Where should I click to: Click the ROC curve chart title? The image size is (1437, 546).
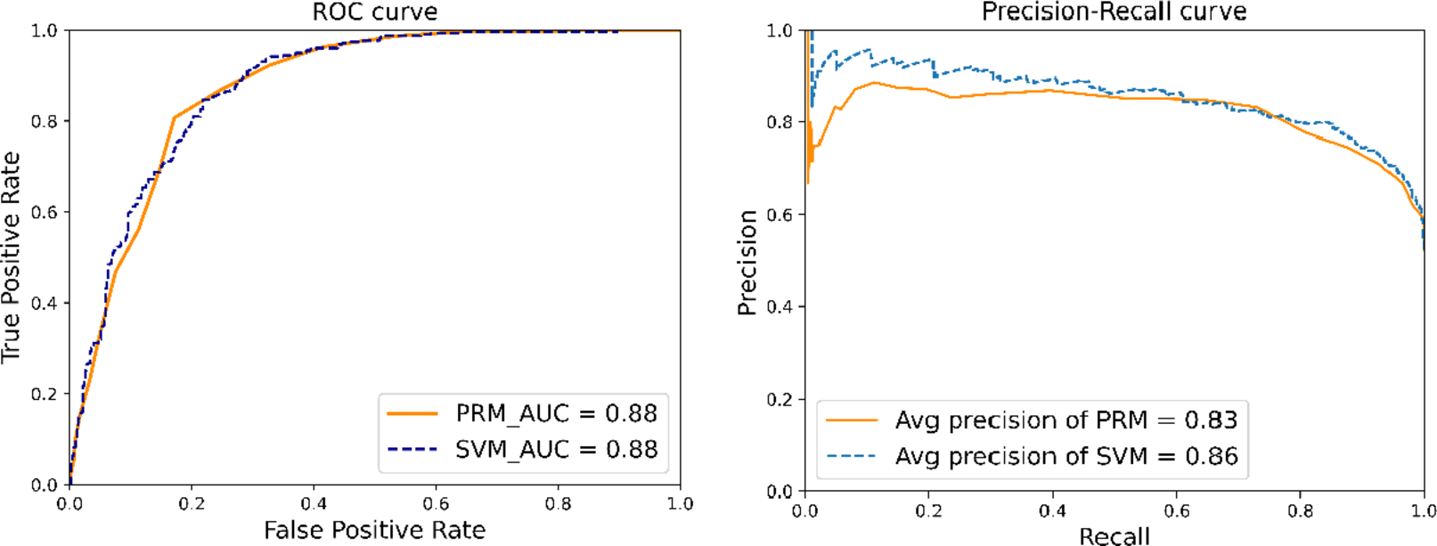(x=374, y=12)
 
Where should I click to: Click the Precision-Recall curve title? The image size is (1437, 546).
(x=1114, y=12)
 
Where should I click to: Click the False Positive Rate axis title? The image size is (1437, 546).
(x=374, y=530)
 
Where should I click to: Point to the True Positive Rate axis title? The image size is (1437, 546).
(x=11, y=257)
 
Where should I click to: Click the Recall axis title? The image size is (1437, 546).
(x=1114, y=535)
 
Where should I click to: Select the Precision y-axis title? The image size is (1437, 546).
(x=747, y=263)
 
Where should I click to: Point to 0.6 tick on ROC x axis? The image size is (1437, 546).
(x=436, y=503)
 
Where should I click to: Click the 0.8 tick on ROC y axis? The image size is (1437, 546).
(x=45, y=121)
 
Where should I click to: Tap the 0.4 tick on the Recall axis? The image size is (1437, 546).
(x=1052, y=510)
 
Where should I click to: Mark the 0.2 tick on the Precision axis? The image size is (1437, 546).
(x=780, y=399)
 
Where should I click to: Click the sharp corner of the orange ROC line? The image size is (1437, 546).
(x=175, y=118)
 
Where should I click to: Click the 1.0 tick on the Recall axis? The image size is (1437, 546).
(x=1423, y=510)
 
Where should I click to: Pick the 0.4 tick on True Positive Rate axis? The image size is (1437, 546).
(x=45, y=303)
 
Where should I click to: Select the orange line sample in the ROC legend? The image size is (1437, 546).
(x=412, y=413)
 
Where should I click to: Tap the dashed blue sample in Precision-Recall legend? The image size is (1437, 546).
(x=851, y=456)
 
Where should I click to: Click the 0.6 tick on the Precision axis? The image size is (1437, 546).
(x=780, y=214)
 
